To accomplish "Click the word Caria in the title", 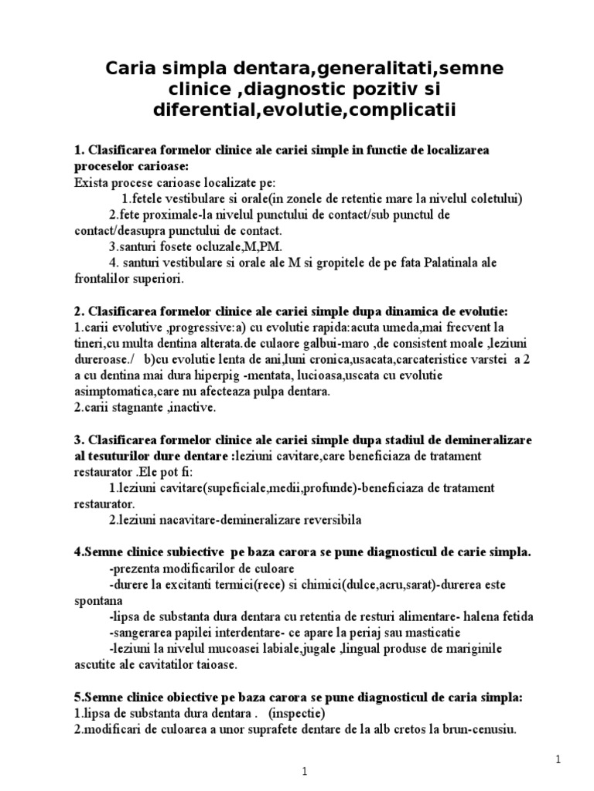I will [132, 69].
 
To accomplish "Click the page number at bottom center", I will [305, 772].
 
